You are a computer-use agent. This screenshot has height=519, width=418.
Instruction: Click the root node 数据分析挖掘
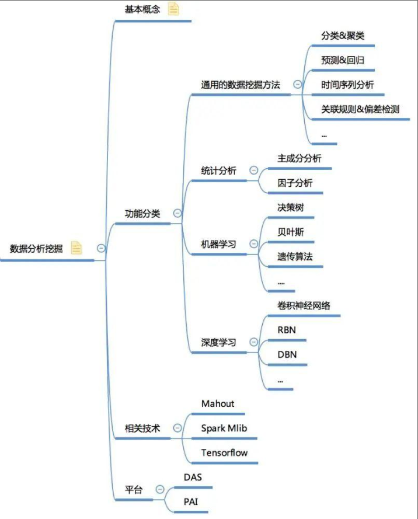pos(36,248)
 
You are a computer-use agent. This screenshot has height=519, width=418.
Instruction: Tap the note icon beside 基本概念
pos(174,9)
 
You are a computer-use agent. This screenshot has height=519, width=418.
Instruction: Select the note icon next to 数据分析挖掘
pos(76,248)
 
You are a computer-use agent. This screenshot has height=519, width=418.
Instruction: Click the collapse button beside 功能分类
pos(177,214)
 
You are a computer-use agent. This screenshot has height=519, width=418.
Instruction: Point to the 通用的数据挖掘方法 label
pos(241,85)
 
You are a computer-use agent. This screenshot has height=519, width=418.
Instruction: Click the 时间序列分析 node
pos(347,85)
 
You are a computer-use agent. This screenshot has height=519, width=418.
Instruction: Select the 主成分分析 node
pos(299,158)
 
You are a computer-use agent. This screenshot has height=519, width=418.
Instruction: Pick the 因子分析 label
pos(295,183)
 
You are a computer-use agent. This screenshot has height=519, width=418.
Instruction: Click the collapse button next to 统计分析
pos(253,170)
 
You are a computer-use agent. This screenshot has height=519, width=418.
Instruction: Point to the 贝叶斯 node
pos(291,232)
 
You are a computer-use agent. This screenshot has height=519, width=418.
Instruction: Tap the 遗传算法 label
pos(295,256)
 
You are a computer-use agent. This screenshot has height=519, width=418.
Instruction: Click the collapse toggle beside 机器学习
pos(253,244)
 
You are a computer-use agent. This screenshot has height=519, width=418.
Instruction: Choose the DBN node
pos(287,354)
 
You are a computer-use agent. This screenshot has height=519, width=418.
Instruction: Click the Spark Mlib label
pos(224,428)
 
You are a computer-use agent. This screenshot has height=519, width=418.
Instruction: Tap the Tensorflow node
pos(225,452)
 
